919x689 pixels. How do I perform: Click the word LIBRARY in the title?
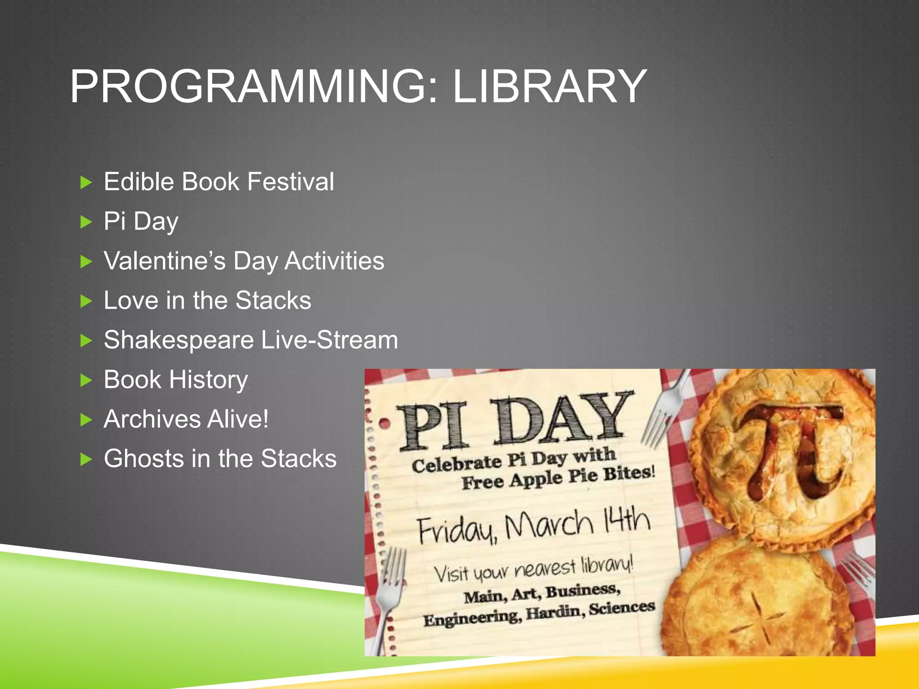pos(549,86)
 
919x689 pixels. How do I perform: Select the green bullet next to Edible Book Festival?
pos(86,183)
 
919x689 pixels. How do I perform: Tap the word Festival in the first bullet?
pos(290,182)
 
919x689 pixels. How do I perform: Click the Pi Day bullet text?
pos(141,222)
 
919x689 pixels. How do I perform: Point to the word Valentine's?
pos(164,261)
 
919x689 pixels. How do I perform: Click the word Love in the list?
pos(131,301)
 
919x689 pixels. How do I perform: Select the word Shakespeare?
pos(179,340)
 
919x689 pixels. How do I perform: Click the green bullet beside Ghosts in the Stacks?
pos(86,460)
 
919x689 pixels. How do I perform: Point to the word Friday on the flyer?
pos(457,529)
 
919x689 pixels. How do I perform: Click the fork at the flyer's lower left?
pos(389,592)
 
